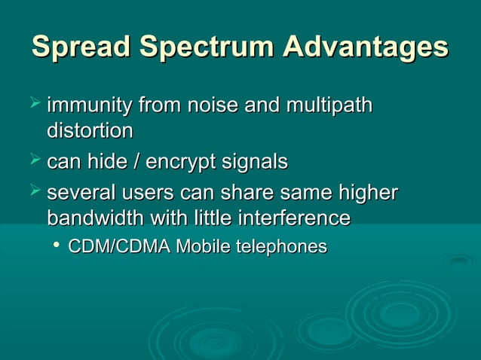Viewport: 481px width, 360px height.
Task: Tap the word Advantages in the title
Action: [x=366, y=47]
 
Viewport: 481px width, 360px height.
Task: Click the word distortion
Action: [x=90, y=131]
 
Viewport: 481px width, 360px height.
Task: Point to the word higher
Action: [x=367, y=193]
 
